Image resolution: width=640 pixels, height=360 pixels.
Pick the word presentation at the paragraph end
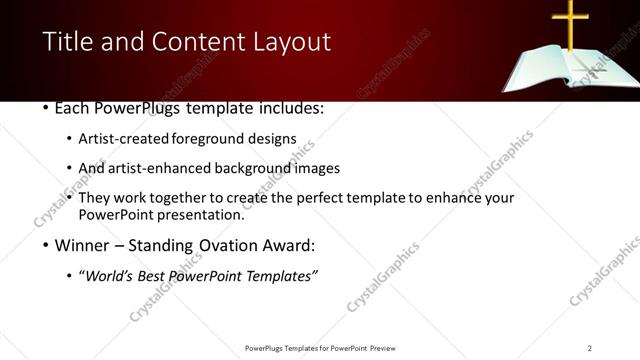click(199, 214)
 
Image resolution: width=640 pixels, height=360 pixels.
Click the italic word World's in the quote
click(109, 276)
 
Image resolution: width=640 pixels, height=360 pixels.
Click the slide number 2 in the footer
click(589, 348)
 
